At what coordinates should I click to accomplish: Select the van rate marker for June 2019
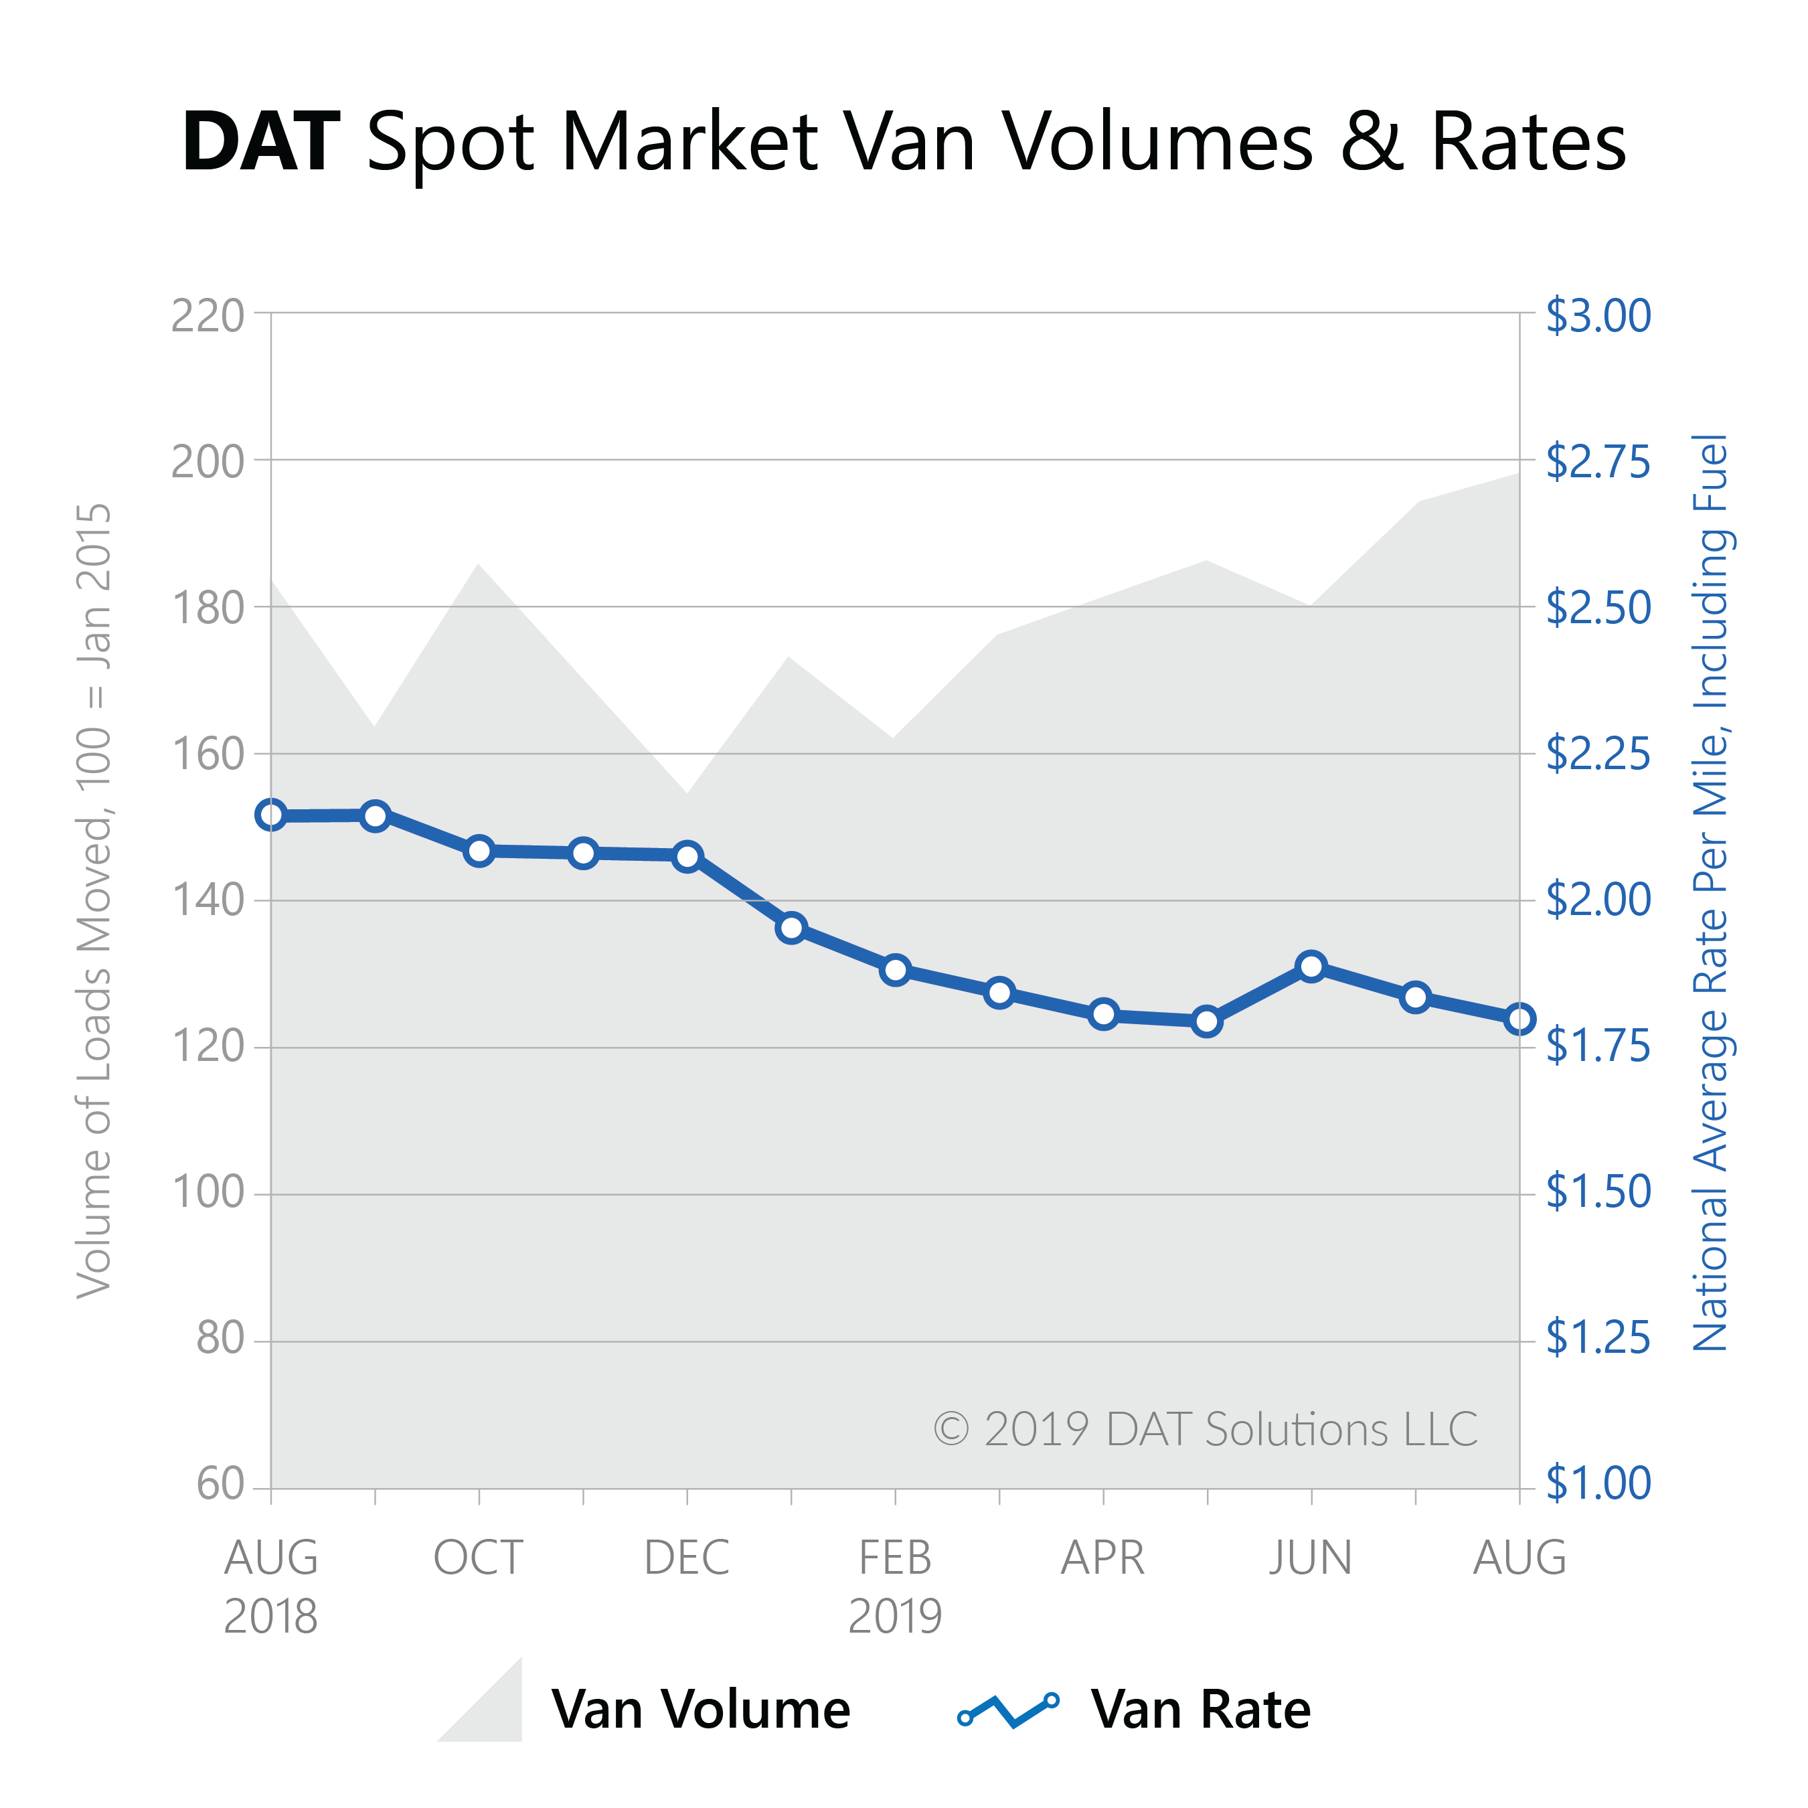[x=1311, y=966]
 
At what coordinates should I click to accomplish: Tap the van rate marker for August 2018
[x=271, y=815]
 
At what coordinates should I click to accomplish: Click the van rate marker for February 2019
[x=896, y=969]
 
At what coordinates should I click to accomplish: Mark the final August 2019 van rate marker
[x=1519, y=1019]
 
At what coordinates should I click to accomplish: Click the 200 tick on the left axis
[x=207, y=461]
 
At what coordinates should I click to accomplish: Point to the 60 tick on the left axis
[x=220, y=1484]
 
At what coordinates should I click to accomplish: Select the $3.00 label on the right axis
[x=1597, y=317]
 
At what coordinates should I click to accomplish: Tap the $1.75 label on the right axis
[x=1597, y=1046]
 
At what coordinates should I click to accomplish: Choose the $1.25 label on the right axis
[x=1597, y=1337]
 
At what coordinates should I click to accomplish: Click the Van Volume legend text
[x=700, y=1709]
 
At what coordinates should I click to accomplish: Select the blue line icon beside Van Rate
[x=1008, y=1709]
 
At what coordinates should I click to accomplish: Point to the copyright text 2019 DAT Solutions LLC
[x=1206, y=1429]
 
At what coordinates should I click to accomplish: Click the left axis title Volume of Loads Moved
[x=94, y=900]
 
